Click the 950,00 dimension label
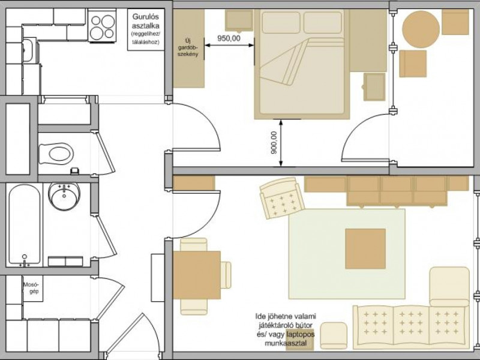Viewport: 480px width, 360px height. [x=229, y=38]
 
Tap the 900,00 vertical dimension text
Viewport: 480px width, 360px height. [x=274, y=142]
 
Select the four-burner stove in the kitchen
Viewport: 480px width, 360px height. [x=103, y=25]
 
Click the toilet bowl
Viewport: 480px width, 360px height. [x=56, y=154]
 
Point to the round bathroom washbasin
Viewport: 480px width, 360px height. [x=64, y=197]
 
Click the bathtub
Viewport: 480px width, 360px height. [x=24, y=224]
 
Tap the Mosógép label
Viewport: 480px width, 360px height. [x=32, y=288]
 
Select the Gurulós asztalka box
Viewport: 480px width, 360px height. [x=146, y=29]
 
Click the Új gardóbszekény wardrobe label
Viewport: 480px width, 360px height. [x=188, y=47]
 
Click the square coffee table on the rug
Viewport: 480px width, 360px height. [x=365, y=249]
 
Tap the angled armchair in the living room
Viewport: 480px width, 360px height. [x=282, y=198]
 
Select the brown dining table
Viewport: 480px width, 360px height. [x=197, y=275]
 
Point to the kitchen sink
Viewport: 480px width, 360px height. [x=28, y=50]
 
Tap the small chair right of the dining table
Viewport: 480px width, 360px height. [x=226, y=275]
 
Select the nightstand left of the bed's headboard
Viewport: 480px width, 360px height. [x=239, y=21]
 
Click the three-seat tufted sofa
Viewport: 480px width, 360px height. [x=411, y=327]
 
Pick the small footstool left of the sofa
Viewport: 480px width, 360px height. [x=334, y=336]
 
